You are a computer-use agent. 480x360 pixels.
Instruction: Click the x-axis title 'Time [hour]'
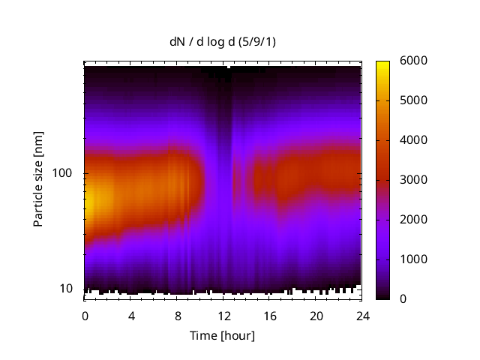coord(222,335)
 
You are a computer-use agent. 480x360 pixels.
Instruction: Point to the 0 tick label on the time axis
coord(85,315)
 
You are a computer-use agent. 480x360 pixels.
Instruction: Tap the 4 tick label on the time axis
coord(131,315)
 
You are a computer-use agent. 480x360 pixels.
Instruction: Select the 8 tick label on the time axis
coord(177,315)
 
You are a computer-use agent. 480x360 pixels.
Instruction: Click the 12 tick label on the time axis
coord(223,315)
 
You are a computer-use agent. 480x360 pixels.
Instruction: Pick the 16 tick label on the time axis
coord(269,315)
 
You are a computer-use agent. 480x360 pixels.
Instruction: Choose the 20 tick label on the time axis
coord(316,315)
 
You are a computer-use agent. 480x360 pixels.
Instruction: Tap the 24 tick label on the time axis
coord(361,315)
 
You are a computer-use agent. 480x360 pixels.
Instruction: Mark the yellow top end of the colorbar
coord(382,63)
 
